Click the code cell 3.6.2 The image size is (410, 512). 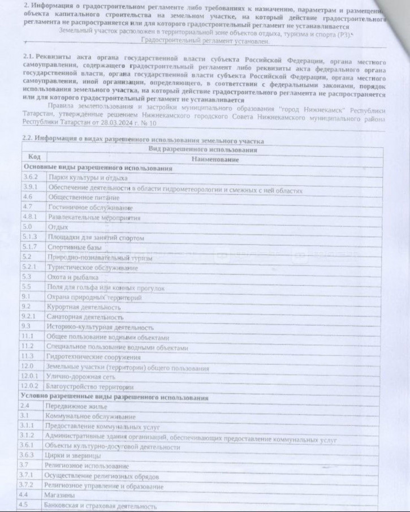(x=29, y=177)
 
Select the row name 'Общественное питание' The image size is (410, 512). (x=84, y=197)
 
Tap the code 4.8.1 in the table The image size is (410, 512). (x=29, y=217)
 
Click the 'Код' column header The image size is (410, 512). (x=33, y=157)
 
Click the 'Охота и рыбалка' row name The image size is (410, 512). (x=74, y=277)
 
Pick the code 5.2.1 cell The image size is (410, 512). (x=29, y=267)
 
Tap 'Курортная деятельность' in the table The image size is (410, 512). (x=84, y=307)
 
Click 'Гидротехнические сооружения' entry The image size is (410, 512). (x=94, y=357)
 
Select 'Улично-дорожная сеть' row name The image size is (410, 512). (x=83, y=377)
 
